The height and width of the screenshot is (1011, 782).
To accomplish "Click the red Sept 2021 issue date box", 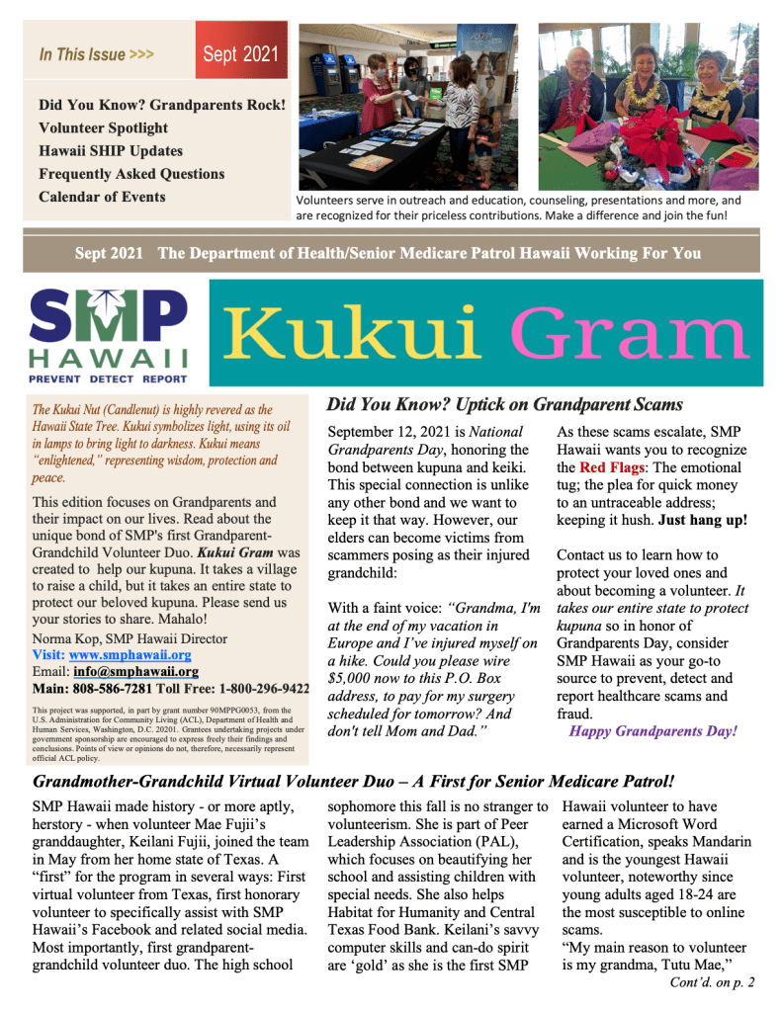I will (241, 53).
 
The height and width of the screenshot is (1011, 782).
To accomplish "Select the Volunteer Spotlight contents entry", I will (104, 127).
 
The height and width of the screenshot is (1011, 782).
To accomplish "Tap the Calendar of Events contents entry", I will (102, 196).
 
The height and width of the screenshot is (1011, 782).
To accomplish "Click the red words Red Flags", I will (607, 466).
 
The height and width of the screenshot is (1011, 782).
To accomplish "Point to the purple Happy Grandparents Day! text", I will (652, 732).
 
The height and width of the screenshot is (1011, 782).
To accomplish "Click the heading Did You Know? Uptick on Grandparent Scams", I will (504, 404).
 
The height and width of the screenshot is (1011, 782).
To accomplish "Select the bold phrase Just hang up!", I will (704, 520).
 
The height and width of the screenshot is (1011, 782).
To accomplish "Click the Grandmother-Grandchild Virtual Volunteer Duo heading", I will (353, 782).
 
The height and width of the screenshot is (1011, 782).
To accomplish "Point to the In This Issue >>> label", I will (96, 54).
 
